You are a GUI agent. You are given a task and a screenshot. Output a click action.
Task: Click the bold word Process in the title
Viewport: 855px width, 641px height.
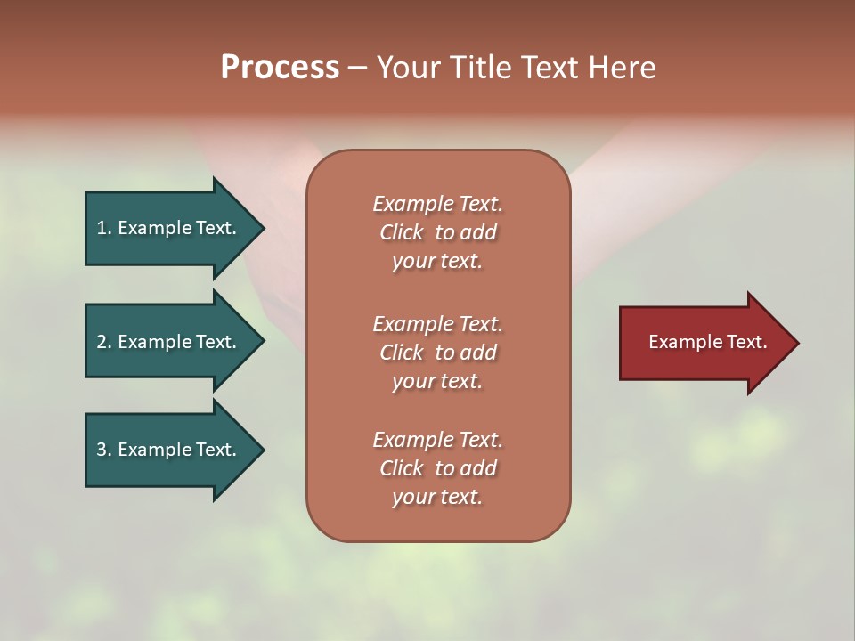click(x=280, y=68)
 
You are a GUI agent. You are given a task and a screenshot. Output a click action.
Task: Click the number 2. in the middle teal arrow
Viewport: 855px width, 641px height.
click(x=104, y=342)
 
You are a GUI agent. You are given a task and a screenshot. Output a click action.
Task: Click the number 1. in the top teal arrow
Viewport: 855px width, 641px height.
click(x=104, y=228)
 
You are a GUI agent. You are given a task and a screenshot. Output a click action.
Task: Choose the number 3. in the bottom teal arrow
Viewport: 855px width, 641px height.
click(x=104, y=450)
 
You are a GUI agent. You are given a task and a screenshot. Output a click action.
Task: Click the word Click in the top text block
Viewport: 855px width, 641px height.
click(x=401, y=232)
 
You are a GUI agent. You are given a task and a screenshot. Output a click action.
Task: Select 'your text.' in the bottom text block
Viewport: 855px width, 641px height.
click(x=437, y=497)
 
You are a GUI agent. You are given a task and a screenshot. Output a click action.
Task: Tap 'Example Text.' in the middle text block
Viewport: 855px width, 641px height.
click(x=437, y=324)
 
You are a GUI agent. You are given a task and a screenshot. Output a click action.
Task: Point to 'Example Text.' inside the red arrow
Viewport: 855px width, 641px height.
click(x=708, y=342)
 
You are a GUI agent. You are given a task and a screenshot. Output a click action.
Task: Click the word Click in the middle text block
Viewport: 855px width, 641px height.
click(x=401, y=353)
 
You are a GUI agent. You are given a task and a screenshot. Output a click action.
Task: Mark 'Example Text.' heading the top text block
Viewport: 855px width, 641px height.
click(x=437, y=204)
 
